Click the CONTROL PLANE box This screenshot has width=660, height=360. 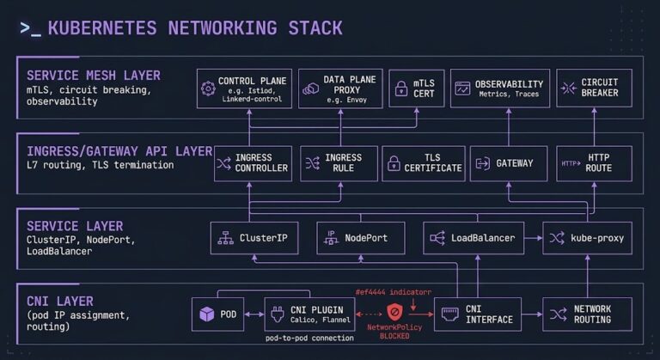pos(244,88)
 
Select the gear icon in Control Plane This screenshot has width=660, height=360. pos(208,88)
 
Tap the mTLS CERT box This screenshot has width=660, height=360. pos(416,88)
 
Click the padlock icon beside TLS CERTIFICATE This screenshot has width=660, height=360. pos(394,163)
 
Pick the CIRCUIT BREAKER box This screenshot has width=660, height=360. pos(594,88)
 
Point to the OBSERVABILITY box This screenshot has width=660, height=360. pos(500,88)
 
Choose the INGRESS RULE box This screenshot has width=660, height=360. pos(339,164)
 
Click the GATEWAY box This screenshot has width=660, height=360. pos(509,164)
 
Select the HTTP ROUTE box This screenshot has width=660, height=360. pos(594,164)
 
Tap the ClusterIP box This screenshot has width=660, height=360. pos(254,238)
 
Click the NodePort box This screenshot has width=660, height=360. pos(361,238)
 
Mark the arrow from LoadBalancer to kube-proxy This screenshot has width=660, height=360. pos(534,238)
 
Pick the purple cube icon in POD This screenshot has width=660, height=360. pos(206,314)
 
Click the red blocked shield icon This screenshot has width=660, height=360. pos(394,313)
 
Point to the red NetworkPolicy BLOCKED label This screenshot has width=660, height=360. pos(394,332)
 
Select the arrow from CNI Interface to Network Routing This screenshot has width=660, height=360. pos(532,314)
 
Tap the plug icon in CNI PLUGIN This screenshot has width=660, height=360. pos(278,314)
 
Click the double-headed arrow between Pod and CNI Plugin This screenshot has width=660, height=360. pos(254,314)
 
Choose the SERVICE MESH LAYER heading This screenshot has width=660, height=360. pos(94,76)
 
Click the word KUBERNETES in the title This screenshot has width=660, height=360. pos(102,28)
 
